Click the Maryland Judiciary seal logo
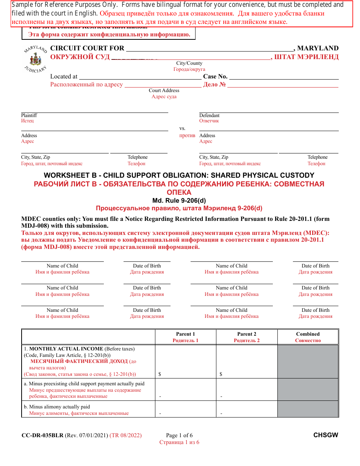tap(35, 59)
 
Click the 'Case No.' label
tap(215, 77)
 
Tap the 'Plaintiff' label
tap(29, 116)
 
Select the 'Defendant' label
tap(209, 116)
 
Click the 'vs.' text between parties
tap(182, 128)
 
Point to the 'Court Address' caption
tap(164, 91)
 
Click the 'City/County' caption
tap(189, 63)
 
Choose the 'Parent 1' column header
tap(185, 334)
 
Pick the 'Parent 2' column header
tap(247, 334)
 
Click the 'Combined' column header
tap(308, 334)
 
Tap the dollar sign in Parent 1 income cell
tap(160, 374)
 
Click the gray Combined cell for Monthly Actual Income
tap(308, 361)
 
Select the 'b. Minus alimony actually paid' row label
tap(59, 407)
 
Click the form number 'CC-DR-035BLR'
tap(42, 435)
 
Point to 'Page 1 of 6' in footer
tap(179, 435)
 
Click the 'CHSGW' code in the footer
tap(326, 435)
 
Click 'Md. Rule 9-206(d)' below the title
tap(179, 200)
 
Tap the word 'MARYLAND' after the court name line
tap(318, 48)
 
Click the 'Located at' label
tap(64, 77)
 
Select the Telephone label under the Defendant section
tap(317, 157)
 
